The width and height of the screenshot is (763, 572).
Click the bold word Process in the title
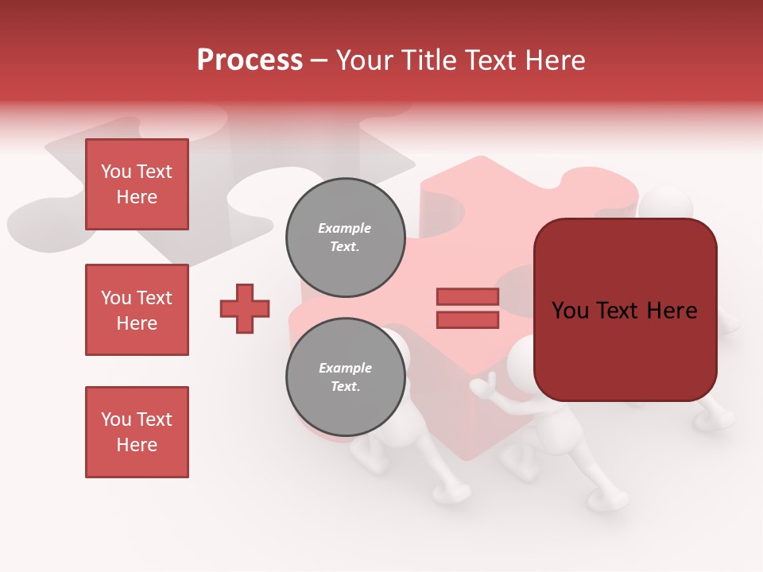click(250, 60)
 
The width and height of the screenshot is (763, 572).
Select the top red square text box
click(137, 184)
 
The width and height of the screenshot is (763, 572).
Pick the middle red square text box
click(137, 310)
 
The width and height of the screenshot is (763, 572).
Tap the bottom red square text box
click(137, 432)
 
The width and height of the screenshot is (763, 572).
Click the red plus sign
click(245, 308)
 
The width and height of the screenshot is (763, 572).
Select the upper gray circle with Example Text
click(345, 237)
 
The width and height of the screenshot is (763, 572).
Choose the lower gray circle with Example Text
click(345, 377)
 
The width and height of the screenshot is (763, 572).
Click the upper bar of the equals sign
click(467, 297)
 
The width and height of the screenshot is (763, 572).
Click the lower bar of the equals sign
click(467, 319)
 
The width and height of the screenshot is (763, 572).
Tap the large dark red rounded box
click(625, 350)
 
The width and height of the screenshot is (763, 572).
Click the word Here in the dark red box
click(672, 311)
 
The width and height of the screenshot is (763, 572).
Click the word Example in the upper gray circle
click(345, 228)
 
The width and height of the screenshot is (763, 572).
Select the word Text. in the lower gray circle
click(345, 386)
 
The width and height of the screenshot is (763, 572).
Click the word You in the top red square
click(116, 172)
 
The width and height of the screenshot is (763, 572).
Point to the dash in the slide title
click(320, 60)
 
